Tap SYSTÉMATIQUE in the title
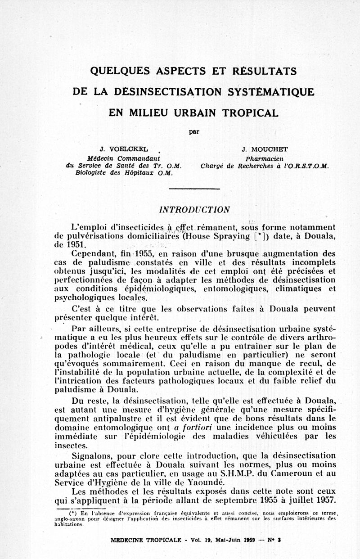(x=271, y=92)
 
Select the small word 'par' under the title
(x=193, y=132)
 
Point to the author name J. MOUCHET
(x=264, y=149)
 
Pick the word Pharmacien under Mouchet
(x=264, y=158)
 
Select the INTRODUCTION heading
(x=195, y=209)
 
